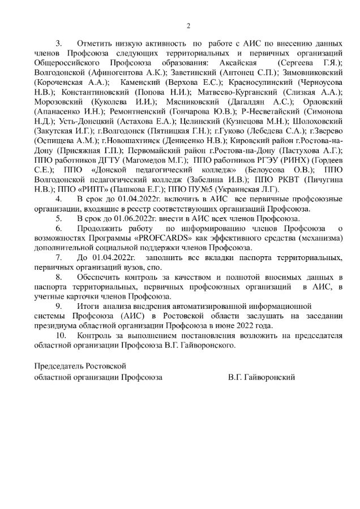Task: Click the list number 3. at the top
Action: coord(58,43)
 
